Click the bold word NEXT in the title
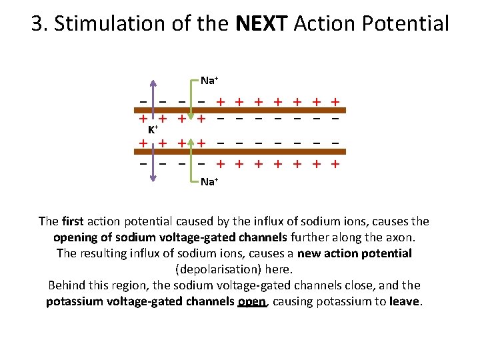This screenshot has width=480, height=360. [262, 24]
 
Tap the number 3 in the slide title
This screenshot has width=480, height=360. [37, 24]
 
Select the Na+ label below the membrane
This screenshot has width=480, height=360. [209, 181]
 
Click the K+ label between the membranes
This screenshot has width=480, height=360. [153, 130]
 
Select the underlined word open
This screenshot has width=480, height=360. [252, 301]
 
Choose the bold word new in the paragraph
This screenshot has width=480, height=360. [310, 253]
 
